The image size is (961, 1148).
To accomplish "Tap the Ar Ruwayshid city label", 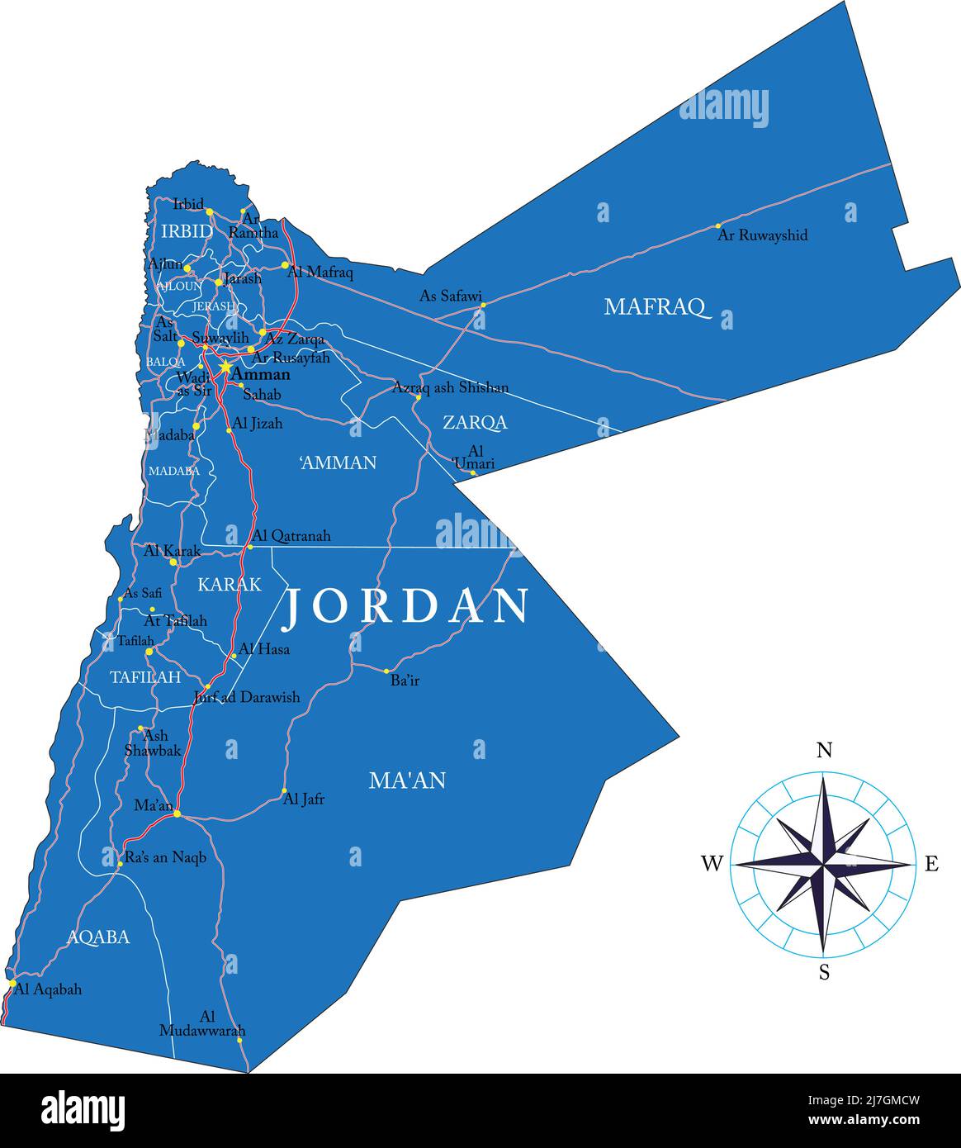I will click(x=762, y=235).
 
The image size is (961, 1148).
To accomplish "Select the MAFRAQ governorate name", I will click(x=657, y=307).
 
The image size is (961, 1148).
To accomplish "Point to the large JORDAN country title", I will click(x=406, y=606).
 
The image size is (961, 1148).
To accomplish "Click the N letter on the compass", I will click(x=824, y=750).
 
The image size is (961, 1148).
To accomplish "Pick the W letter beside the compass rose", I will click(x=712, y=864).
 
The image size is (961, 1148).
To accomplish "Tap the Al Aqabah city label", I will click(x=48, y=989).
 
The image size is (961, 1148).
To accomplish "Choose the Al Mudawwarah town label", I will click(x=203, y=1023).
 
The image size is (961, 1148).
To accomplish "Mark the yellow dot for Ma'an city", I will click(x=177, y=814).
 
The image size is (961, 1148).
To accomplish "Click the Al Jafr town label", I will click(x=304, y=799).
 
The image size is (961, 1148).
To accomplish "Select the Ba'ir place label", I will click(x=405, y=681).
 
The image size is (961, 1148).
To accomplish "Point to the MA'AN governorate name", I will click(x=407, y=780).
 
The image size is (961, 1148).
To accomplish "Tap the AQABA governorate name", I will click(x=98, y=937).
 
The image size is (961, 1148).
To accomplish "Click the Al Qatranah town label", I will click(x=291, y=536).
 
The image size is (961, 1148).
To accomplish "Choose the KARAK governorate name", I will click(x=230, y=585).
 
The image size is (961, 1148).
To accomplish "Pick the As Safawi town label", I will click(x=451, y=296).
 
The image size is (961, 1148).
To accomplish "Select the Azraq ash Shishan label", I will click(x=450, y=387).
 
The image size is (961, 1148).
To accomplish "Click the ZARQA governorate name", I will click(x=475, y=423).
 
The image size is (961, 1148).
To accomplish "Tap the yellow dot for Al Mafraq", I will click(x=285, y=266).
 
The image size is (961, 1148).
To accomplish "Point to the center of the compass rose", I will click(x=823, y=864).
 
